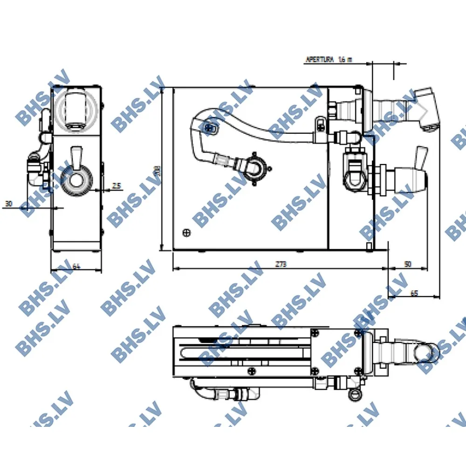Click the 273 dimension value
click(x=280, y=264)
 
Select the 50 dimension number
click(x=407, y=264)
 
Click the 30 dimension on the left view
click(x=8, y=204)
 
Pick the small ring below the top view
click(x=355, y=394)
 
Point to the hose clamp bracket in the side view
click(x=320, y=125)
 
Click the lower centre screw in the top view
click(x=252, y=371)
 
